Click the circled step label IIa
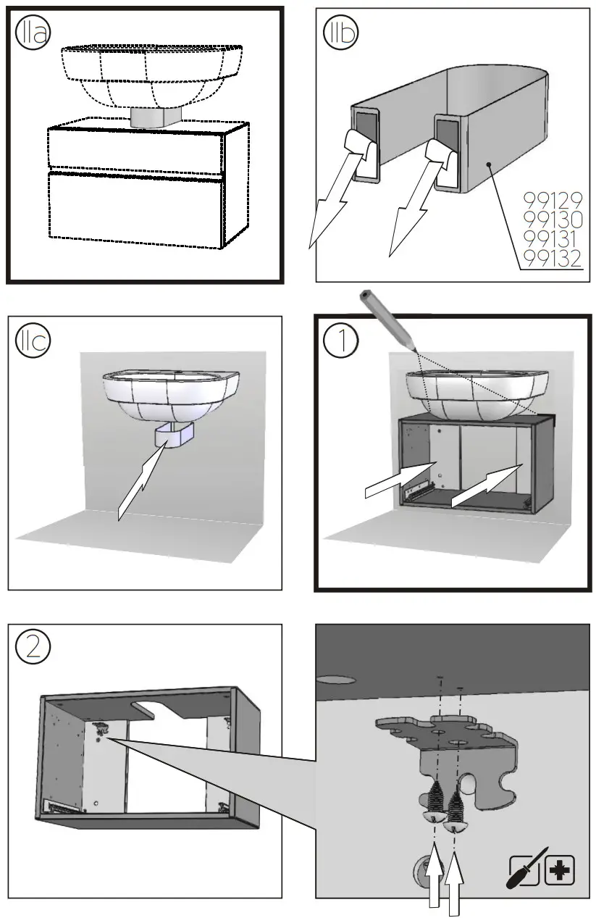pos(33,33)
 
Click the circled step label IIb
pos(340,33)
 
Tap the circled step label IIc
pos(33,341)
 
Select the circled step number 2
pos(33,646)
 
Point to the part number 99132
pos(553,259)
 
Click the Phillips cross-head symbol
pos(559,869)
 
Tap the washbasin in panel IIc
pos(170,395)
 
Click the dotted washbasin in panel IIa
pos(152,72)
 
